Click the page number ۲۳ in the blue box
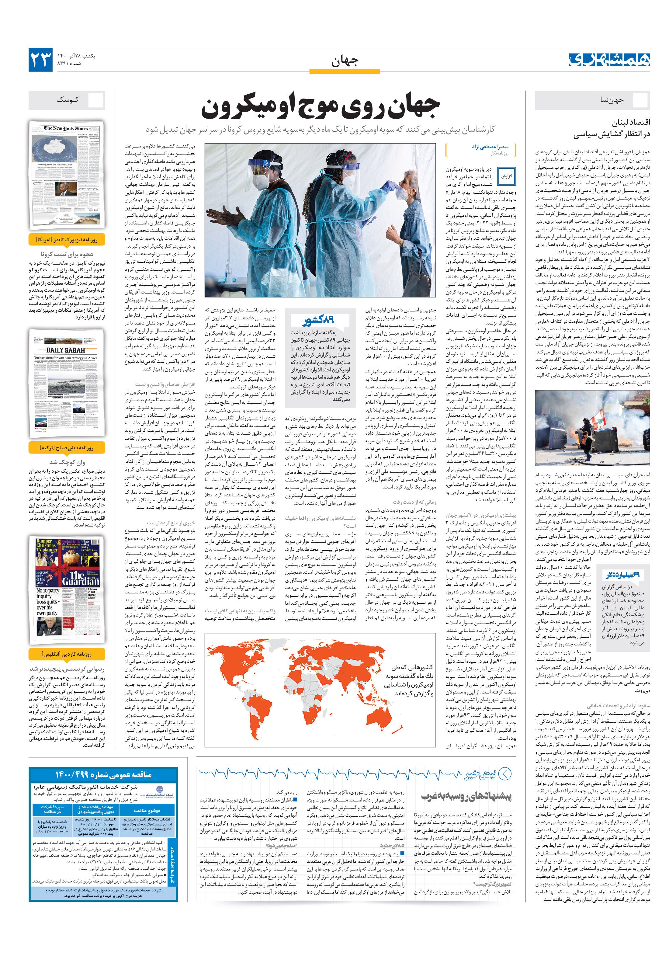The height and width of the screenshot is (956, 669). click(41, 60)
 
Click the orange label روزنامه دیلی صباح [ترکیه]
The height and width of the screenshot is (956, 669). click(67, 448)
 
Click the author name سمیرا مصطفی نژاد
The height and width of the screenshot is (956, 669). click(490, 147)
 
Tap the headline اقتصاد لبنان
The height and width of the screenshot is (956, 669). click(631, 122)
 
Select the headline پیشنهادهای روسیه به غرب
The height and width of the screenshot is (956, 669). click(466, 796)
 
